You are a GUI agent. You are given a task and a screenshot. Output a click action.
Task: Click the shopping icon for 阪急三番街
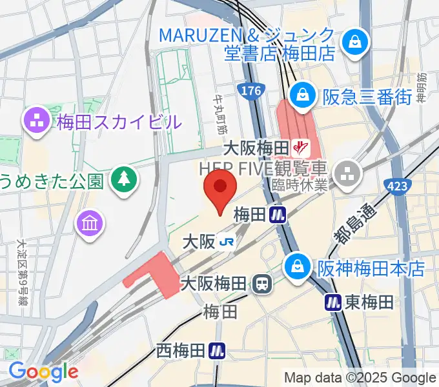point(301,96)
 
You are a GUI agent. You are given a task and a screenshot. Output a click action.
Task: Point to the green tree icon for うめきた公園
point(121,179)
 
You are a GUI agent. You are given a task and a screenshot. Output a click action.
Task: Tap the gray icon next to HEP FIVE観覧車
point(347,172)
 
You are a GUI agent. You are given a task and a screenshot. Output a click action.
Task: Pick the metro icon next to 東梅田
point(333,301)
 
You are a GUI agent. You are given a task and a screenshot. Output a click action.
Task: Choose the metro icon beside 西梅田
point(218,351)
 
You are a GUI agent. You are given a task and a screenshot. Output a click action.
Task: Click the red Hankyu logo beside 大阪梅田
point(298,148)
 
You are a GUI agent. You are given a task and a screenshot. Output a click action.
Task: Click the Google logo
point(43,372)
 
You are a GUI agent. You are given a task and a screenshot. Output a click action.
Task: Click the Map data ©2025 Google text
point(360,377)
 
